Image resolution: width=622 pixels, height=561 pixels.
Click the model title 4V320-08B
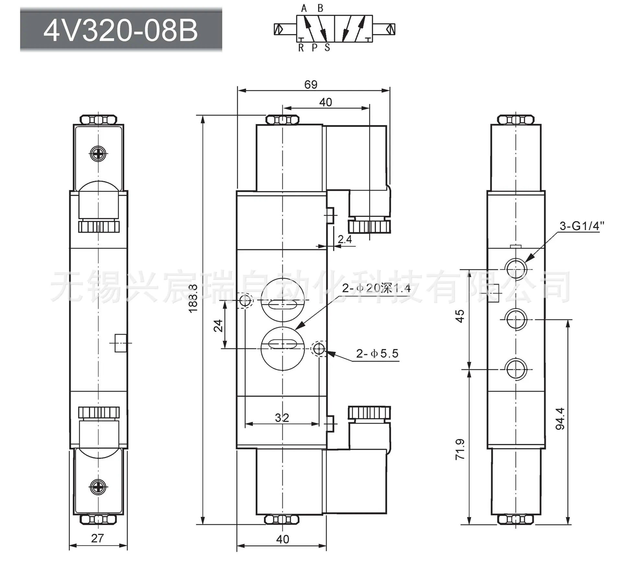coord(121,31)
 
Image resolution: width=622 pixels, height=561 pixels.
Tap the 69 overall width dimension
coord(311,84)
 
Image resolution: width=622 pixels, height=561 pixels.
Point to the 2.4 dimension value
coord(345,239)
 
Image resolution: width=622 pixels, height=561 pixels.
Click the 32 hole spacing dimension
coord(282,418)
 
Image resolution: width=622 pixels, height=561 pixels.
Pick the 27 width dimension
coord(97,538)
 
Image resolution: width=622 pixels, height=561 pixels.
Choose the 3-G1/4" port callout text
coord(582,226)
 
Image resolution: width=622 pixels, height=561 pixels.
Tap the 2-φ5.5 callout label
coord(377,353)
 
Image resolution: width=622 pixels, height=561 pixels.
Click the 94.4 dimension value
coord(560,419)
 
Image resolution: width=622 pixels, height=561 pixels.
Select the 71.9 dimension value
coord(460,449)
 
